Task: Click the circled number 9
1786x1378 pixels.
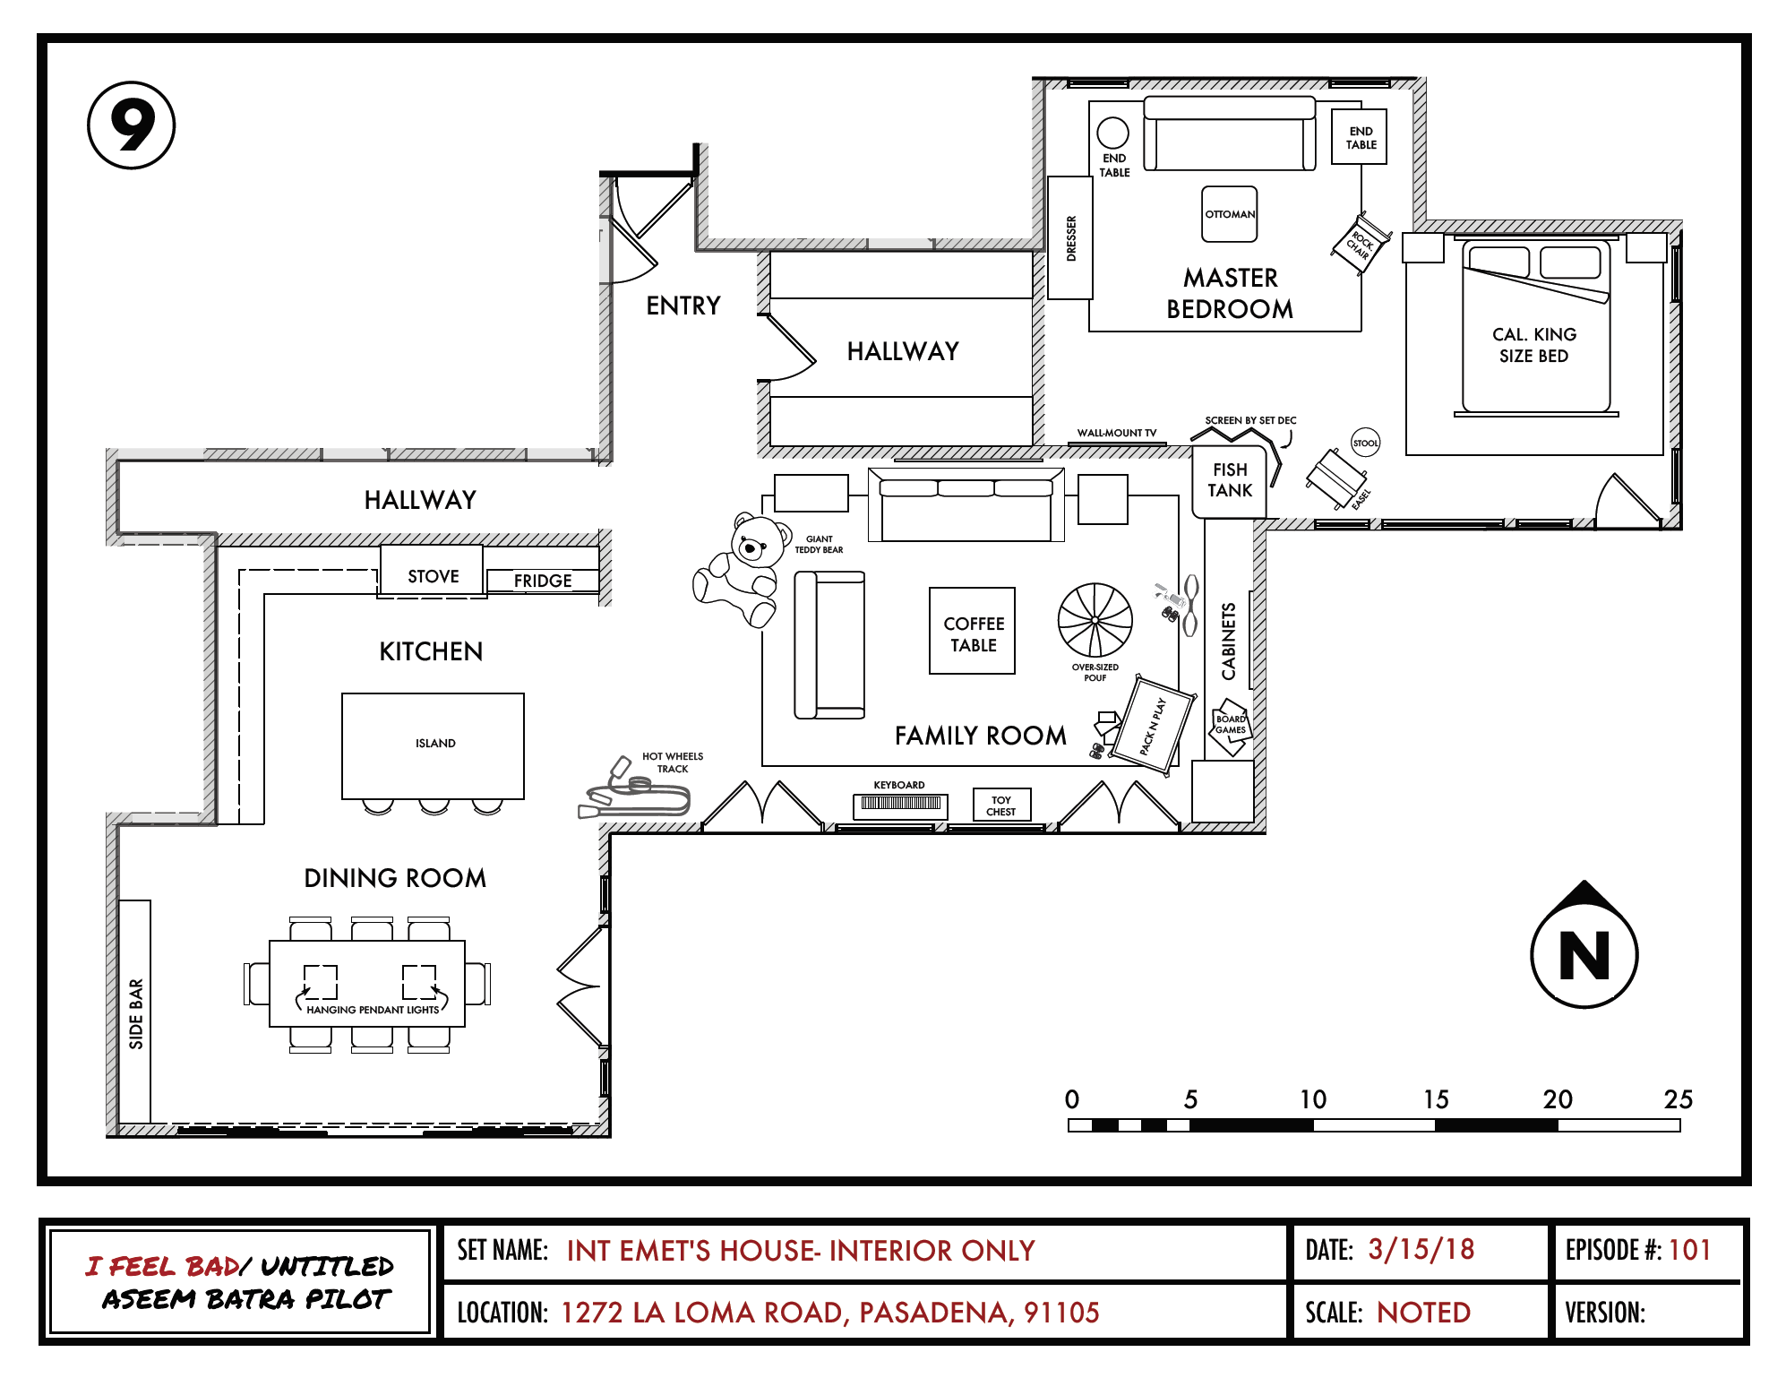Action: pyautogui.click(x=132, y=125)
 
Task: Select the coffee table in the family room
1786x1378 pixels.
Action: pyautogui.click(x=972, y=631)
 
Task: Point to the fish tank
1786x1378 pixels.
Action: pyautogui.click(x=1229, y=481)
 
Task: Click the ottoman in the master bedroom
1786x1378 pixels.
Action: pyautogui.click(x=1229, y=214)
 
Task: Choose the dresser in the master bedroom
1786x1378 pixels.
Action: pyautogui.click(x=1070, y=238)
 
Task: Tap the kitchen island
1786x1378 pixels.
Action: pyautogui.click(x=433, y=745)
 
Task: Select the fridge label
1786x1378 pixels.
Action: pyautogui.click(x=543, y=581)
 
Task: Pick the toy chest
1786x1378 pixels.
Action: pyautogui.click(x=1001, y=805)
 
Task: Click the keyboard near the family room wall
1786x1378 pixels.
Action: pyautogui.click(x=900, y=804)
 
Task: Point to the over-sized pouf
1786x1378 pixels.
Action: pyautogui.click(x=1095, y=620)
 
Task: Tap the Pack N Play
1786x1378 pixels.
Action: pyautogui.click(x=1153, y=725)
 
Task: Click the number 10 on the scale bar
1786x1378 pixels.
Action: pyautogui.click(x=1313, y=1099)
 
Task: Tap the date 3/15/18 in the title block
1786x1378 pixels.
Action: pyautogui.click(x=1421, y=1250)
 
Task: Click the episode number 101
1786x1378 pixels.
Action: pyautogui.click(x=1689, y=1250)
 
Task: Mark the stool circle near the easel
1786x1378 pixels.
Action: pyautogui.click(x=1365, y=443)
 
